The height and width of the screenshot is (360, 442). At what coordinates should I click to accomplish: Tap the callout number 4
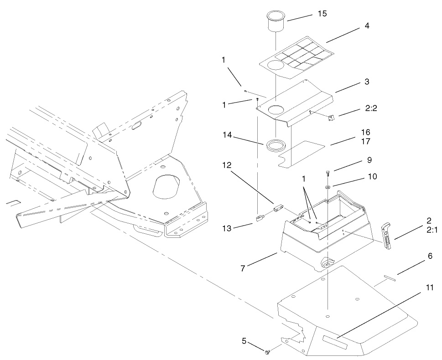[x=367, y=26]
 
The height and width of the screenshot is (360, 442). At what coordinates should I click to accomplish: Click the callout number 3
[x=367, y=82]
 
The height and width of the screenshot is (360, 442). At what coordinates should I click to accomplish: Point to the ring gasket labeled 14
[x=276, y=145]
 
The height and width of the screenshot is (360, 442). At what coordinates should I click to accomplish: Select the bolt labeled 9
[x=328, y=174]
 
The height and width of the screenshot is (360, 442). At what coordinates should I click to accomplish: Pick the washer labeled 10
[x=328, y=186]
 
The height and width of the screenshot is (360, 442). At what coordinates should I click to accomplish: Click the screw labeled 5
[x=267, y=351]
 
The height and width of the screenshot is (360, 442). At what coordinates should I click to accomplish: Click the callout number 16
[x=365, y=132]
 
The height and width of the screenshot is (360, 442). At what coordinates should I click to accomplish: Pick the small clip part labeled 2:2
[x=331, y=118]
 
